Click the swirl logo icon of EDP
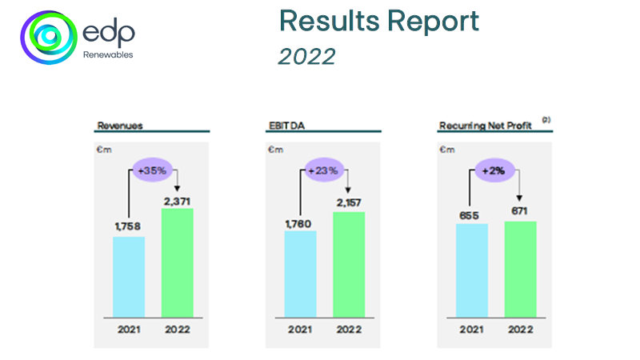click(50, 37)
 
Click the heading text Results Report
click(379, 22)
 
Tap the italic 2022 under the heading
click(307, 56)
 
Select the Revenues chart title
click(114, 125)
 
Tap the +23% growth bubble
click(325, 170)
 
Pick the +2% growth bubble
click(496, 170)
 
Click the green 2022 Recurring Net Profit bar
click(520, 269)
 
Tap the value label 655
click(471, 214)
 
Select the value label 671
click(520, 212)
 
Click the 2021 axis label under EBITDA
click(300, 330)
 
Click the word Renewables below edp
click(107, 55)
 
